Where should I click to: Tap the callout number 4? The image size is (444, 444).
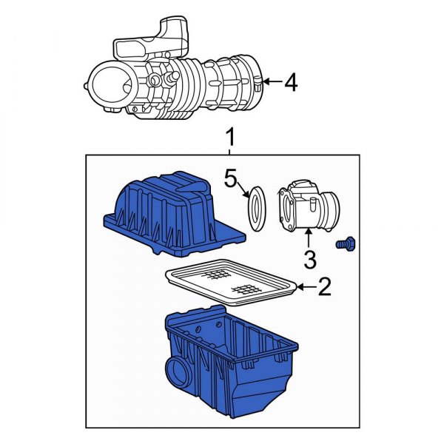coord(290,83)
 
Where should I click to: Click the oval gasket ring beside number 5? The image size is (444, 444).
coord(256,209)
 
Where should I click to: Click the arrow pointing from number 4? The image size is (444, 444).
coord(270,83)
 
